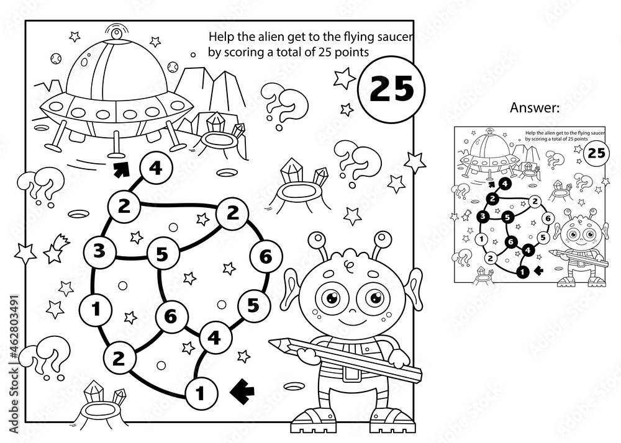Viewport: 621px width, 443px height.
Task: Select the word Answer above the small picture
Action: point(535,109)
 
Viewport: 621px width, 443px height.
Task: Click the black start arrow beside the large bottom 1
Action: point(243,390)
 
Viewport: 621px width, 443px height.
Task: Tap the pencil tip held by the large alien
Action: point(271,342)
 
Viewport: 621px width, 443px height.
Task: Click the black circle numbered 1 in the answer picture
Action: point(522,270)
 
